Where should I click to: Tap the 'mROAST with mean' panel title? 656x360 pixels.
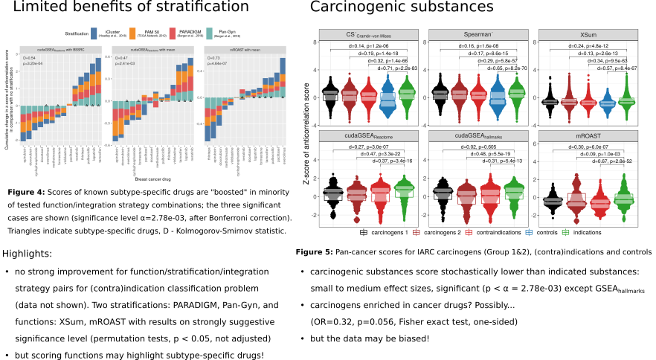pyautogui.click(x=245, y=50)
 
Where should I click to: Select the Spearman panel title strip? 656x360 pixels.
pyautogui.click(x=474, y=35)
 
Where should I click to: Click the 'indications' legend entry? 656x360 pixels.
pyautogui.click(x=586, y=232)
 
